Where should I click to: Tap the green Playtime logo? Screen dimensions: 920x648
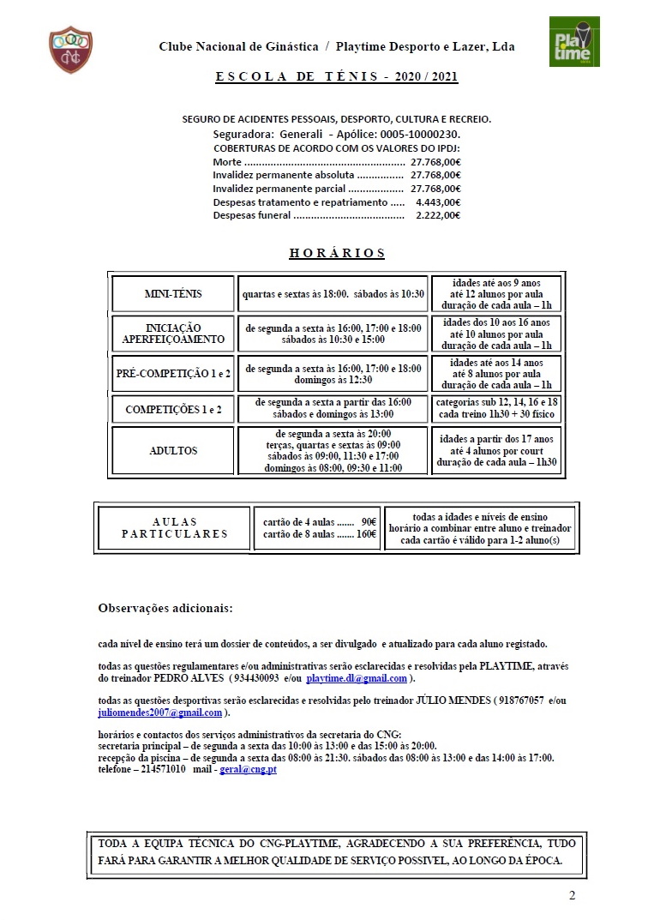tap(574, 40)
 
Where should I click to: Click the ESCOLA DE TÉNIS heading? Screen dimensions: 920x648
tap(336, 77)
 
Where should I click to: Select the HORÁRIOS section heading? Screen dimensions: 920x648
tap(337, 254)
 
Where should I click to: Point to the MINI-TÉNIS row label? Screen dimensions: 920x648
tap(173, 294)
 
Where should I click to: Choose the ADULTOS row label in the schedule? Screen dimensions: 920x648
tap(173, 451)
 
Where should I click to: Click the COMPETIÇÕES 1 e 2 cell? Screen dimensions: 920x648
tap(173, 410)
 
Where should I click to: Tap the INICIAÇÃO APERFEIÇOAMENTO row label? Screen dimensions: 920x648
tap(173, 334)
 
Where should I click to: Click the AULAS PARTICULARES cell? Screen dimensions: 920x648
tap(175, 528)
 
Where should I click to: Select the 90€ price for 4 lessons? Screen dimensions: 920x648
tap(369, 521)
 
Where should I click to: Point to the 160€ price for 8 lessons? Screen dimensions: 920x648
tap(366, 534)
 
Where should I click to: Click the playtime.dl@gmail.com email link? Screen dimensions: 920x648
tap(357, 679)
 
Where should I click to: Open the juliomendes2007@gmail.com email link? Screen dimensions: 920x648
tap(160, 713)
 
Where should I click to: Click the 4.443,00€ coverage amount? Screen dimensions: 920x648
tap(437, 202)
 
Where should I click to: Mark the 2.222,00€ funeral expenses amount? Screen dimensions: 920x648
tap(437, 216)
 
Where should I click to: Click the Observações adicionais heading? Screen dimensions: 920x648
tap(165, 609)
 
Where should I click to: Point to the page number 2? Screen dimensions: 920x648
tap(572, 897)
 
